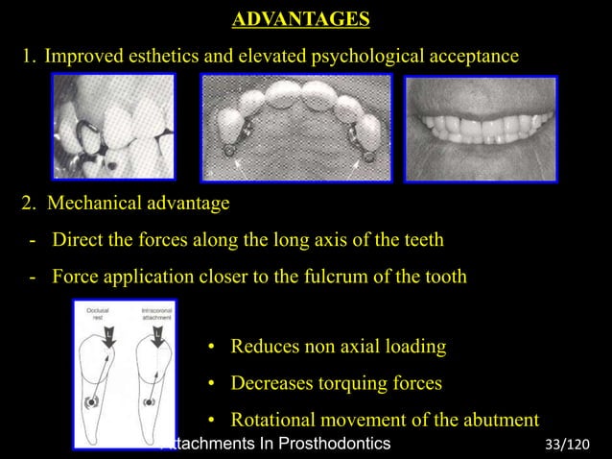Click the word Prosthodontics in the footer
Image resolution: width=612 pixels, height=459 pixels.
pyautogui.click(x=330, y=444)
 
